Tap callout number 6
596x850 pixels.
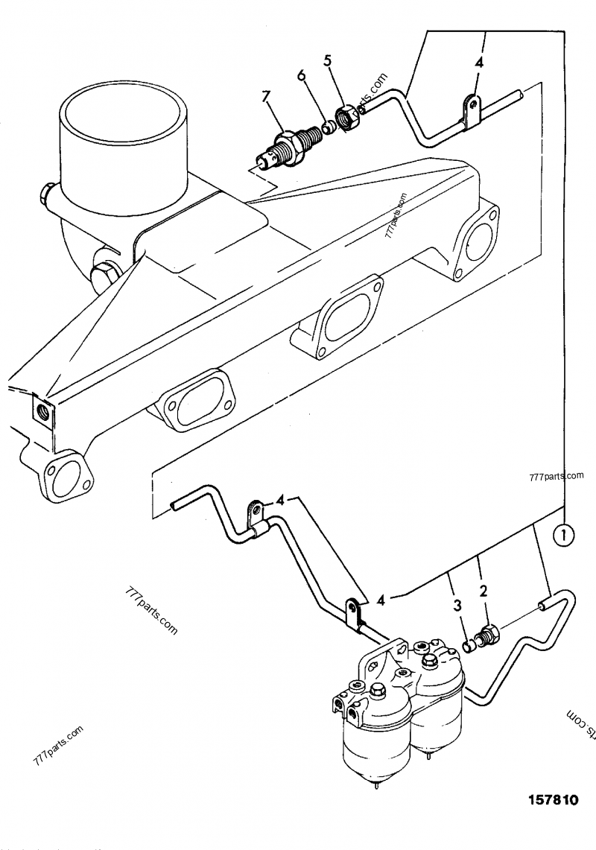(x=302, y=77)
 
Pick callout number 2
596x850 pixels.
(x=484, y=592)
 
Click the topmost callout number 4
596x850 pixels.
(x=478, y=63)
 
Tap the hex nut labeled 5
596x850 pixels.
(x=346, y=117)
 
